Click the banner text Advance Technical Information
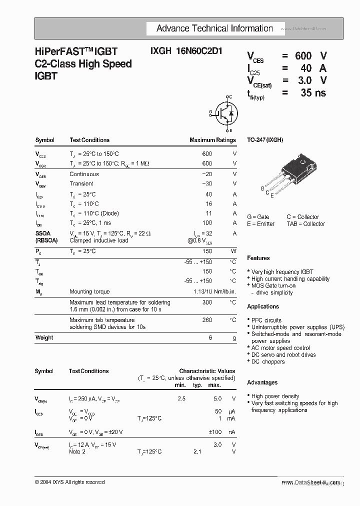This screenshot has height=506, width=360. point(214,28)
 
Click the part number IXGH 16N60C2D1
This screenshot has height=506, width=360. point(186,51)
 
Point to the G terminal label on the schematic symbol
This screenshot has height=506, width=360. point(211,112)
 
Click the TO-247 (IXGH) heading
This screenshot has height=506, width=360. point(265,140)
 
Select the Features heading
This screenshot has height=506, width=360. point(258,258)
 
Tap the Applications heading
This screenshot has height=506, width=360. point(263,306)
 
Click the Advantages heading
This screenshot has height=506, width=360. point(262,382)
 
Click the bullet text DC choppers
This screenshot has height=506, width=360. point(268,361)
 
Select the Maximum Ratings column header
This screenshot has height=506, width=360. point(212,140)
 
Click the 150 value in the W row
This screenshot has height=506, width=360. point(207,251)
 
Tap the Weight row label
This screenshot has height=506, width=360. point(44,337)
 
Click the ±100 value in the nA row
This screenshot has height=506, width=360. point(215,432)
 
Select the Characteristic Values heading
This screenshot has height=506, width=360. point(207,371)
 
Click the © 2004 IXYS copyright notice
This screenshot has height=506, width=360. point(69,482)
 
